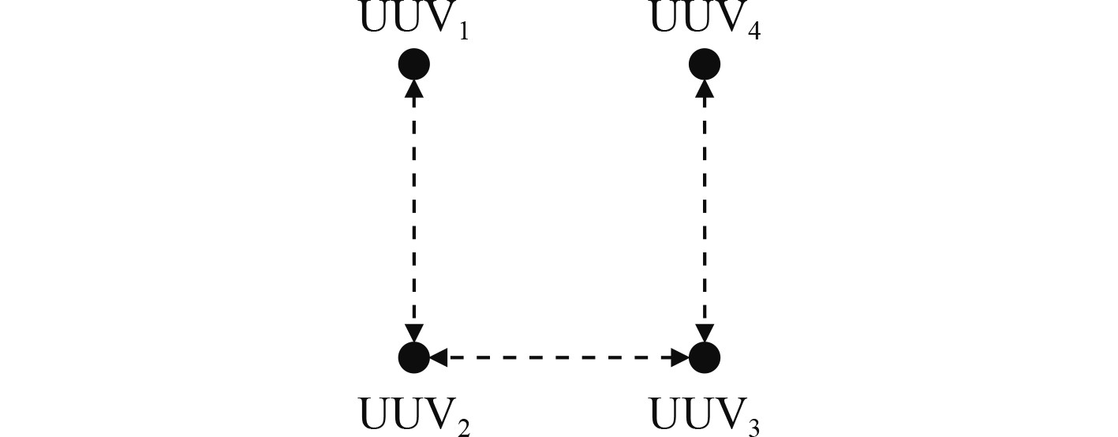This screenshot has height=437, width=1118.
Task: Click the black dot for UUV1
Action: click(x=413, y=63)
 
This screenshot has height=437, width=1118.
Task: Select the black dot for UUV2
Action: click(x=413, y=357)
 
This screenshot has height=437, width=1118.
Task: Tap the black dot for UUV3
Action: click(x=705, y=357)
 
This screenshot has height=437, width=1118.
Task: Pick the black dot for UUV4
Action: click(x=705, y=63)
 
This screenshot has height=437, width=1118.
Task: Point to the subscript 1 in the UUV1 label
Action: click(x=464, y=33)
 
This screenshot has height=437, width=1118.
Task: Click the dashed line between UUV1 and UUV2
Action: click(x=413, y=209)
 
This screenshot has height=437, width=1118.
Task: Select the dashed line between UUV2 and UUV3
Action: click(x=559, y=357)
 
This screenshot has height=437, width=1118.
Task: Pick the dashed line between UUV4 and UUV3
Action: click(x=705, y=209)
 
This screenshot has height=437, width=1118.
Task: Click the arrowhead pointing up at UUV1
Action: click(x=413, y=88)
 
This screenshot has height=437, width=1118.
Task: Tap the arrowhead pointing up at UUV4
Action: click(x=705, y=88)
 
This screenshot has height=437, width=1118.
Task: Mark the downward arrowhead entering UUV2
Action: click(x=413, y=334)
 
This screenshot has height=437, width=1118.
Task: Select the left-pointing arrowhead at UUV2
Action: click(x=438, y=357)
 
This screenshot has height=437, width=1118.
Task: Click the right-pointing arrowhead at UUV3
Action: click(x=680, y=357)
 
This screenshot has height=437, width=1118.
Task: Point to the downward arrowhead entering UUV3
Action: click(x=705, y=334)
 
